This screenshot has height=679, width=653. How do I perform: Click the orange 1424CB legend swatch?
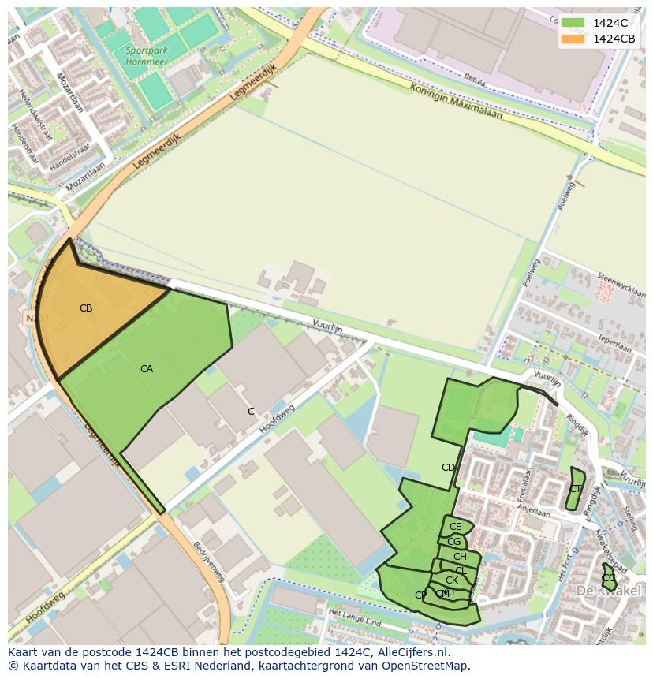coord(573,39)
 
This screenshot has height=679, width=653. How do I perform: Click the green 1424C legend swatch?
coord(573,23)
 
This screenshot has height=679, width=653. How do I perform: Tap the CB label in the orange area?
coord(86,308)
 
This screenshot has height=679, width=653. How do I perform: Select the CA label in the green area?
coord(147,369)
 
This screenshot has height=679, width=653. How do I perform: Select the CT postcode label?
coord(575,489)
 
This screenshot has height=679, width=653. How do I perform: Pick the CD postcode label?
coord(448,468)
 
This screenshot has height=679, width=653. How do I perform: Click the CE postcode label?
coord(455,527)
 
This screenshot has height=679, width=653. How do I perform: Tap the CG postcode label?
coord(453,542)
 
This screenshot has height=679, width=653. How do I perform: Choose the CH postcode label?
coord(460,557)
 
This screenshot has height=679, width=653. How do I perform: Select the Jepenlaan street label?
coord(615,343)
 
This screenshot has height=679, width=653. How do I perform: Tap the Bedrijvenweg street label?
coord(210,561)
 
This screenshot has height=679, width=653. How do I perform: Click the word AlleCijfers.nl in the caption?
coord(412,652)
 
